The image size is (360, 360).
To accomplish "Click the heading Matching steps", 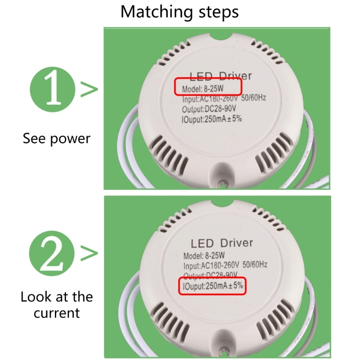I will pyautogui.click(x=179, y=12).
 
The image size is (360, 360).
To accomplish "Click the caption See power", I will pyautogui.click(x=57, y=138).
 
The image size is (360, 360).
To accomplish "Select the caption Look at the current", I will pyautogui.click(x=57, y=305).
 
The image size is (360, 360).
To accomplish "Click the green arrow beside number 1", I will pyautogui.click(x=89, y=90).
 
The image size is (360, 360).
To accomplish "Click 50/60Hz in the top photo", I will pyautogui.click(x=254, y=98).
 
